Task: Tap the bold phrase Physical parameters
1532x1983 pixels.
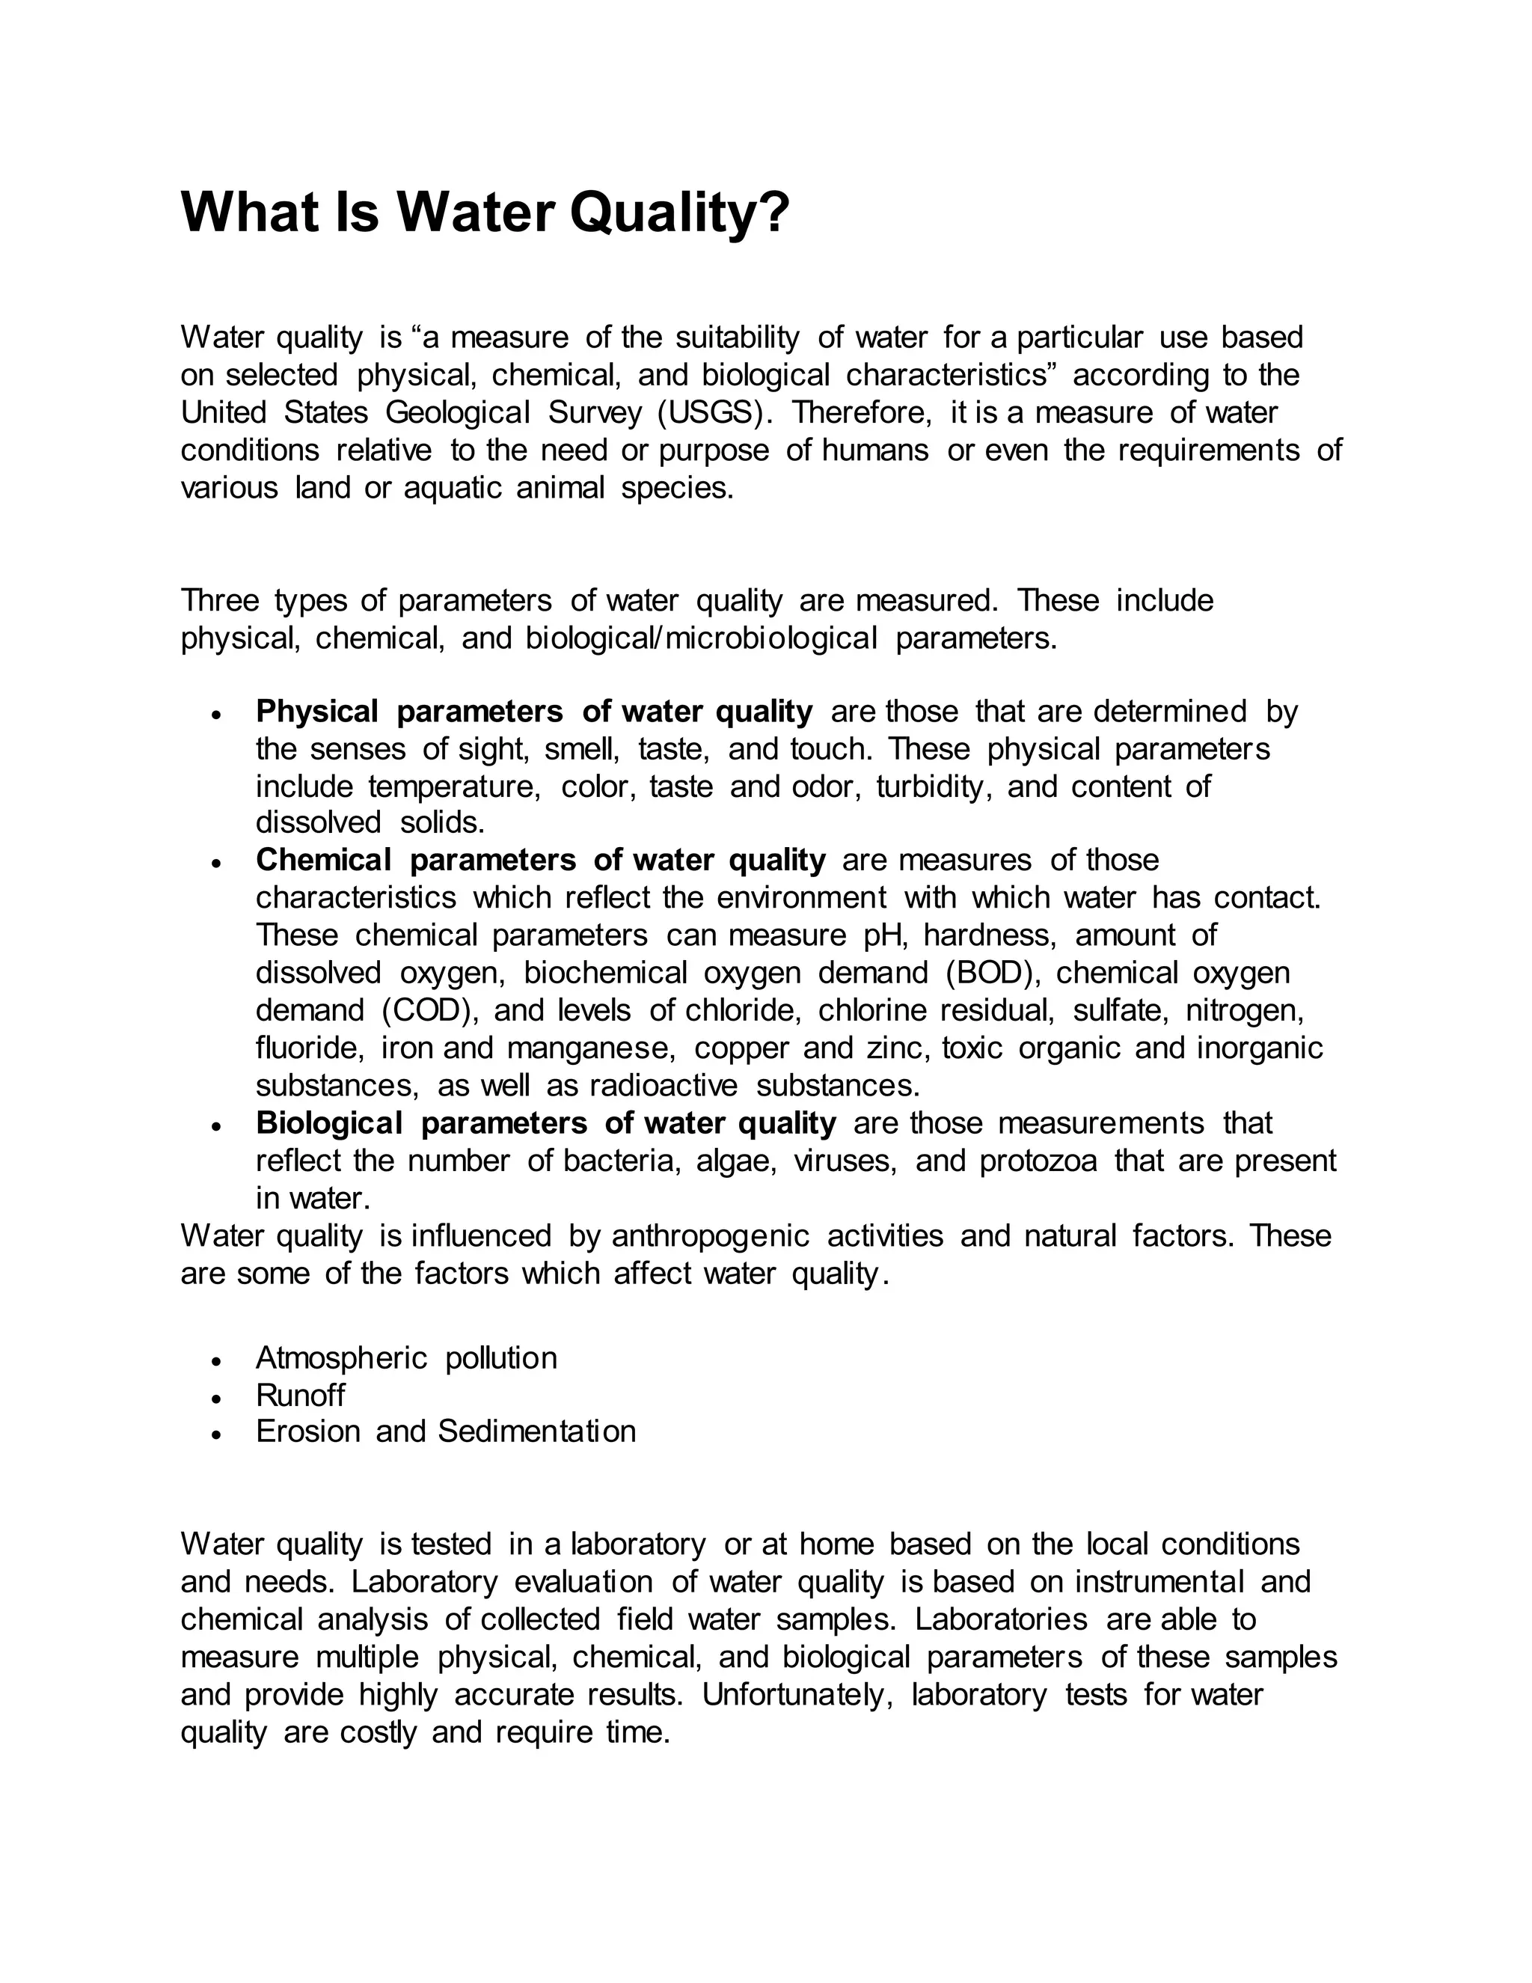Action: (x=409, y=712)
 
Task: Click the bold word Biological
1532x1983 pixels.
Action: (x=328, y=1124)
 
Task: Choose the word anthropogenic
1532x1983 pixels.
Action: (x=710, y=1237)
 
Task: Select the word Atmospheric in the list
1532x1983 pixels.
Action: (x=341, y=1358)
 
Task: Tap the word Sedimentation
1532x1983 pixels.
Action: (x=536, y=1432)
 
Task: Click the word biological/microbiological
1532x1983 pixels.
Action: (x=702, y=639)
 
